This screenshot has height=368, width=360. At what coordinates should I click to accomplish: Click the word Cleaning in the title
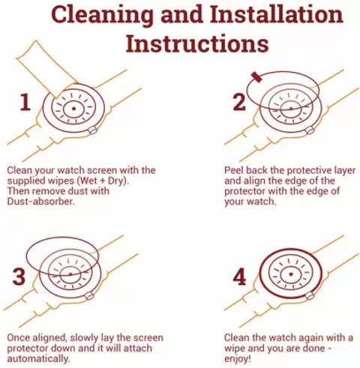click(102, 15)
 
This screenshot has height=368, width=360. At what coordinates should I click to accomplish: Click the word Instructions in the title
click(197, 44)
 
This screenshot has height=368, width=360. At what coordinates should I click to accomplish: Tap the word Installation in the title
click(276, 13)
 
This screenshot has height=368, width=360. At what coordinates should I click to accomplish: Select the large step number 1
click(25, 102)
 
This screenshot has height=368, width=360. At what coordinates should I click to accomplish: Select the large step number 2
click(239, 102)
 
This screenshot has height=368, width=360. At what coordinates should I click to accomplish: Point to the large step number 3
click(19, 277)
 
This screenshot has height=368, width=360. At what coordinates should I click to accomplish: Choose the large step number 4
click(239, 277)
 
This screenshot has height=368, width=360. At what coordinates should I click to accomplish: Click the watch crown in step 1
click(93, 130)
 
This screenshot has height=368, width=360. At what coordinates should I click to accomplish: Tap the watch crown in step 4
click(310, 295)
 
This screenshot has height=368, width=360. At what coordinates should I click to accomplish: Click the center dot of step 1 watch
click(73, 109)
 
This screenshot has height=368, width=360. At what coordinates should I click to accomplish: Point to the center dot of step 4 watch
click(291, 274)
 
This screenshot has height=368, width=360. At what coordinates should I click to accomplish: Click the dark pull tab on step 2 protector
click(256, 77)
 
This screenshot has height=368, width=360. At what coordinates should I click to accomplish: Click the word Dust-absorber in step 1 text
click(40, 202)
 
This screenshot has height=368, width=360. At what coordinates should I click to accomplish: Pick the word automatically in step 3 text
click(38, 359)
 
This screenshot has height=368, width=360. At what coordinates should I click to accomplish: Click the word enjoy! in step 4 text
click(237, 359)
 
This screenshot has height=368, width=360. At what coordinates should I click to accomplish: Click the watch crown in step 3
click(89, 296)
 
